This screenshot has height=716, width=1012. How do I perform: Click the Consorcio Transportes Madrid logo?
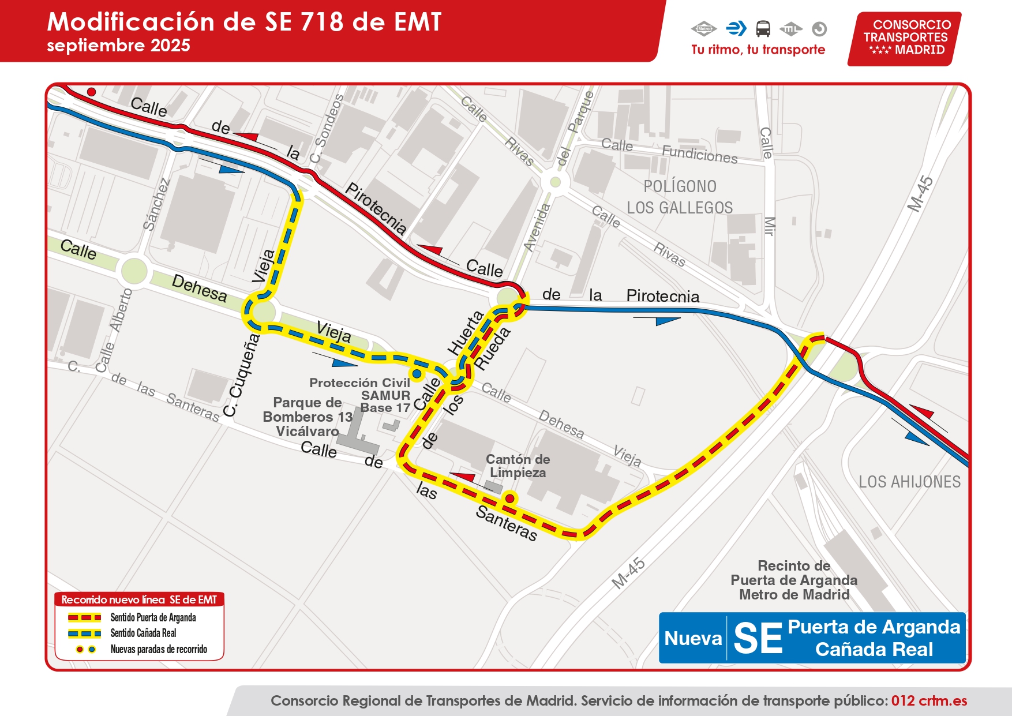point(904,39)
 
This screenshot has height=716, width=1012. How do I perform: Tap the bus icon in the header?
point(763,28)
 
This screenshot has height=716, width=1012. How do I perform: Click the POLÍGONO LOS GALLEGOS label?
point(680,197)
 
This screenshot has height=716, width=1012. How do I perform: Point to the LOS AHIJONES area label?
point(909,482)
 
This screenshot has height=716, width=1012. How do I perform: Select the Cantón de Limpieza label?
point(518,466)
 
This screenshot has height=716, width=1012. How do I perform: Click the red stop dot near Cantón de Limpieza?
point(510,498)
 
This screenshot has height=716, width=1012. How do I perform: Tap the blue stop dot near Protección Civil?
point(416,373)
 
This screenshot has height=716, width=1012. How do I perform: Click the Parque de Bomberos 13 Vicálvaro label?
point(307,417)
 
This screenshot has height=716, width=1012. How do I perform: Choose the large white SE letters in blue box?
point(758,639)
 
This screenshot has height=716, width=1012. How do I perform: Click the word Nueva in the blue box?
point(693,639)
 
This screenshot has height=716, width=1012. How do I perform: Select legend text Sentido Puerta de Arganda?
point(153,617)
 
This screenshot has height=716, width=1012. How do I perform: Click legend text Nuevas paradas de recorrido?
point(159,649)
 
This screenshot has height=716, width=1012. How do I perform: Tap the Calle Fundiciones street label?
point(669,150)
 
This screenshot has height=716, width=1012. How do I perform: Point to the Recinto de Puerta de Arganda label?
point(794,580)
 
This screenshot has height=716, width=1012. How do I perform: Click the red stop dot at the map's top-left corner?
point(91,92)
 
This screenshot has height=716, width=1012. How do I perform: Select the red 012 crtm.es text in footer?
point(929,700)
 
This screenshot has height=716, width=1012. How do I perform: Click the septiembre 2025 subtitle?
point(118,46)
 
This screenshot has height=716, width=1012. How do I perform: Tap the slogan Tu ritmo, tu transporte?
point(758,50)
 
